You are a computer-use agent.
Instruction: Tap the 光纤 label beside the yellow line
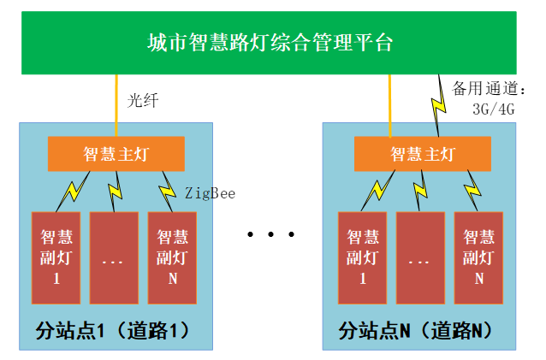144,100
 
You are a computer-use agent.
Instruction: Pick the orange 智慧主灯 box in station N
422,154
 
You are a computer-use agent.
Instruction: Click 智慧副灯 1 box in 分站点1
56,257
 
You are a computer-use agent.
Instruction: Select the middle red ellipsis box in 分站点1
114,257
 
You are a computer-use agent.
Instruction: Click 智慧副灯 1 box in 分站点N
362,257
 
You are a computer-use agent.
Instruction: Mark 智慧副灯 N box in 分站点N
478,257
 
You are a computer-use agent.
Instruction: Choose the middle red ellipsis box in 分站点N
420,257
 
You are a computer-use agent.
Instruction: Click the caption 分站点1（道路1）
111,330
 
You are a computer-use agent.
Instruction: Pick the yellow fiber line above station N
389,103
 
